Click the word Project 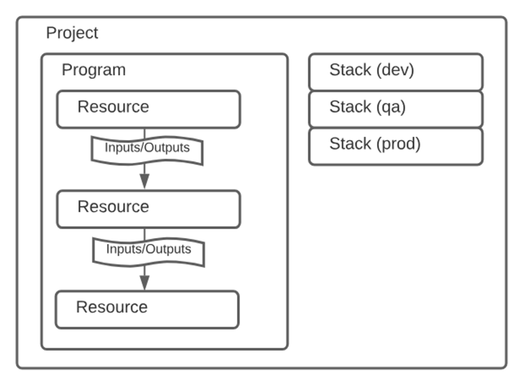click(72, 34)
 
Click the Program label click(94, 70)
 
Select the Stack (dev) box click(396, 72)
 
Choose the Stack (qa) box click(396, 109)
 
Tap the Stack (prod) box click(396, 147)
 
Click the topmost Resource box click(149, 109)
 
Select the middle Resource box click(149, 209)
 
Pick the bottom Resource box click(147, 310)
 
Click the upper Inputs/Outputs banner click(147, 150)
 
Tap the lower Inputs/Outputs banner click(149, 252)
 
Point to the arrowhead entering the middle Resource click(145, 181)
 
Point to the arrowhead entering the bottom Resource click(145, 283)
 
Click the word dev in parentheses click(395, 70)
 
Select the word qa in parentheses click(391, 107)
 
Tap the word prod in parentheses click(398, 144)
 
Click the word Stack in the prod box click(350, 143)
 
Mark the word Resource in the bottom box click(112, 307)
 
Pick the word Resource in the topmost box click(113, 106)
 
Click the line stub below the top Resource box click(145, 133)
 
